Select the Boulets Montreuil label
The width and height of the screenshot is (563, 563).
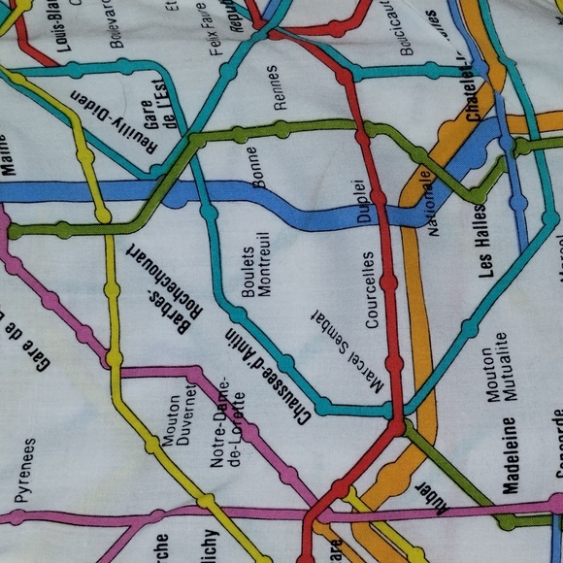(x=254, y=264)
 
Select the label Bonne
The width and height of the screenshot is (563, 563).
(x=255, y=165)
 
